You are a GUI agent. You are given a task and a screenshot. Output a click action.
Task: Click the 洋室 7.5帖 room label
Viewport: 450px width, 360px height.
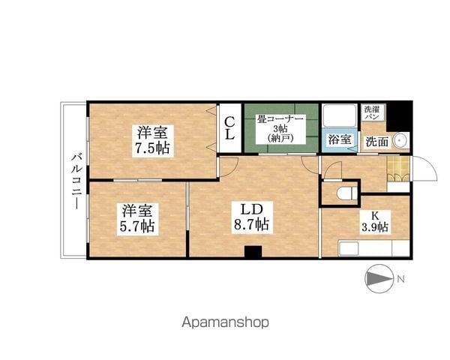[153, 141]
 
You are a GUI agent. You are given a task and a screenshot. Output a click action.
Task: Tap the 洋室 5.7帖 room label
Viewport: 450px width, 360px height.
[137, 219]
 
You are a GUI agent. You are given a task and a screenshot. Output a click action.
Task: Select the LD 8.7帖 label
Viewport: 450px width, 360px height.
[252, 217]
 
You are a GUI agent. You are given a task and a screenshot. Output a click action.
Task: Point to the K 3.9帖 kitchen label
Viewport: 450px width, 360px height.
[375, 221]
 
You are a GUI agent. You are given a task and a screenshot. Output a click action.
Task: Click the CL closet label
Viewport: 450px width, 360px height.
[230, 128]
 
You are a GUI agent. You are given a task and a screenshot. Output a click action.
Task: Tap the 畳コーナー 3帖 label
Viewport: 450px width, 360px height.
[280, 129]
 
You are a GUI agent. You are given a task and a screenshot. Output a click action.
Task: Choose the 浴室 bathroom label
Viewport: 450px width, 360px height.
[340, 139]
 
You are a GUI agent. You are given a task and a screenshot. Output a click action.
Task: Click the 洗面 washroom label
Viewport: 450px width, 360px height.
[377, 142]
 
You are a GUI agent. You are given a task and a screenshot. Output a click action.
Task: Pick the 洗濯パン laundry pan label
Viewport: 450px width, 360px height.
[372, 112]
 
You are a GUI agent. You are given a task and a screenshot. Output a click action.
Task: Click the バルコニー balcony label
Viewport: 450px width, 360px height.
[76, 181]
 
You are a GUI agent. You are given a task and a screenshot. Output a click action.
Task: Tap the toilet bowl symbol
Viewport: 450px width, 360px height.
[348, 193]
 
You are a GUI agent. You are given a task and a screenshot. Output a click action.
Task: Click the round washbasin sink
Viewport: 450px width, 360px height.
[401, 140]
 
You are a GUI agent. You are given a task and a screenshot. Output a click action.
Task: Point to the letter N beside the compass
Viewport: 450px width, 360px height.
[401, 279]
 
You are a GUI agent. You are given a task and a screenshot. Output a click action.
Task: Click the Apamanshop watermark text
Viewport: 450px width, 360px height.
[225, 322]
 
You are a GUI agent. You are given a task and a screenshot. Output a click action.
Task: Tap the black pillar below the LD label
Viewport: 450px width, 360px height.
[253, 251]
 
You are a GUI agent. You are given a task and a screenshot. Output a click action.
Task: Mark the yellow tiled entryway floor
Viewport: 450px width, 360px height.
[397, 169]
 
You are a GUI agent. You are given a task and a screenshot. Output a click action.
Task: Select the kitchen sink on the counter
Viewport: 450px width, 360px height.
[349, 248]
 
